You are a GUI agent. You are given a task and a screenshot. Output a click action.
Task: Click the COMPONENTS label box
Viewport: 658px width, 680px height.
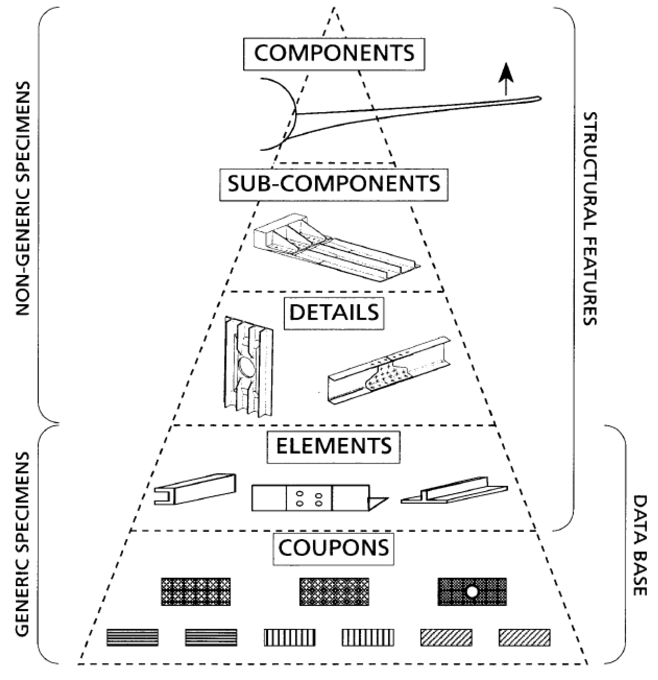334,54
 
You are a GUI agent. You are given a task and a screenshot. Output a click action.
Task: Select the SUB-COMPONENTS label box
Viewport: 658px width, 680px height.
334,185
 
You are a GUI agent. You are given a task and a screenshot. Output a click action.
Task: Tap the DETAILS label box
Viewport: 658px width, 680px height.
334,313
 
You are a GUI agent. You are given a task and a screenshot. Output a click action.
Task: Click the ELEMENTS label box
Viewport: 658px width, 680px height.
334,447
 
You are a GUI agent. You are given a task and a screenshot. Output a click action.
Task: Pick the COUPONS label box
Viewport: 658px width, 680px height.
334,549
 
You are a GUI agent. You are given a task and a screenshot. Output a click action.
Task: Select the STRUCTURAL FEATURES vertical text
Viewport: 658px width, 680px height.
589,218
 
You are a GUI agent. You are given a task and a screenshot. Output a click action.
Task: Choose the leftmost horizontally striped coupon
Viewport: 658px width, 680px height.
132,638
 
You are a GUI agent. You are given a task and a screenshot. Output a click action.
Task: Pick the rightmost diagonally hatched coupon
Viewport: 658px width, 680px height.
524,638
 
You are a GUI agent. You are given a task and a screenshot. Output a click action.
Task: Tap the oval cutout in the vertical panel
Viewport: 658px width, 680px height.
247,369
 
